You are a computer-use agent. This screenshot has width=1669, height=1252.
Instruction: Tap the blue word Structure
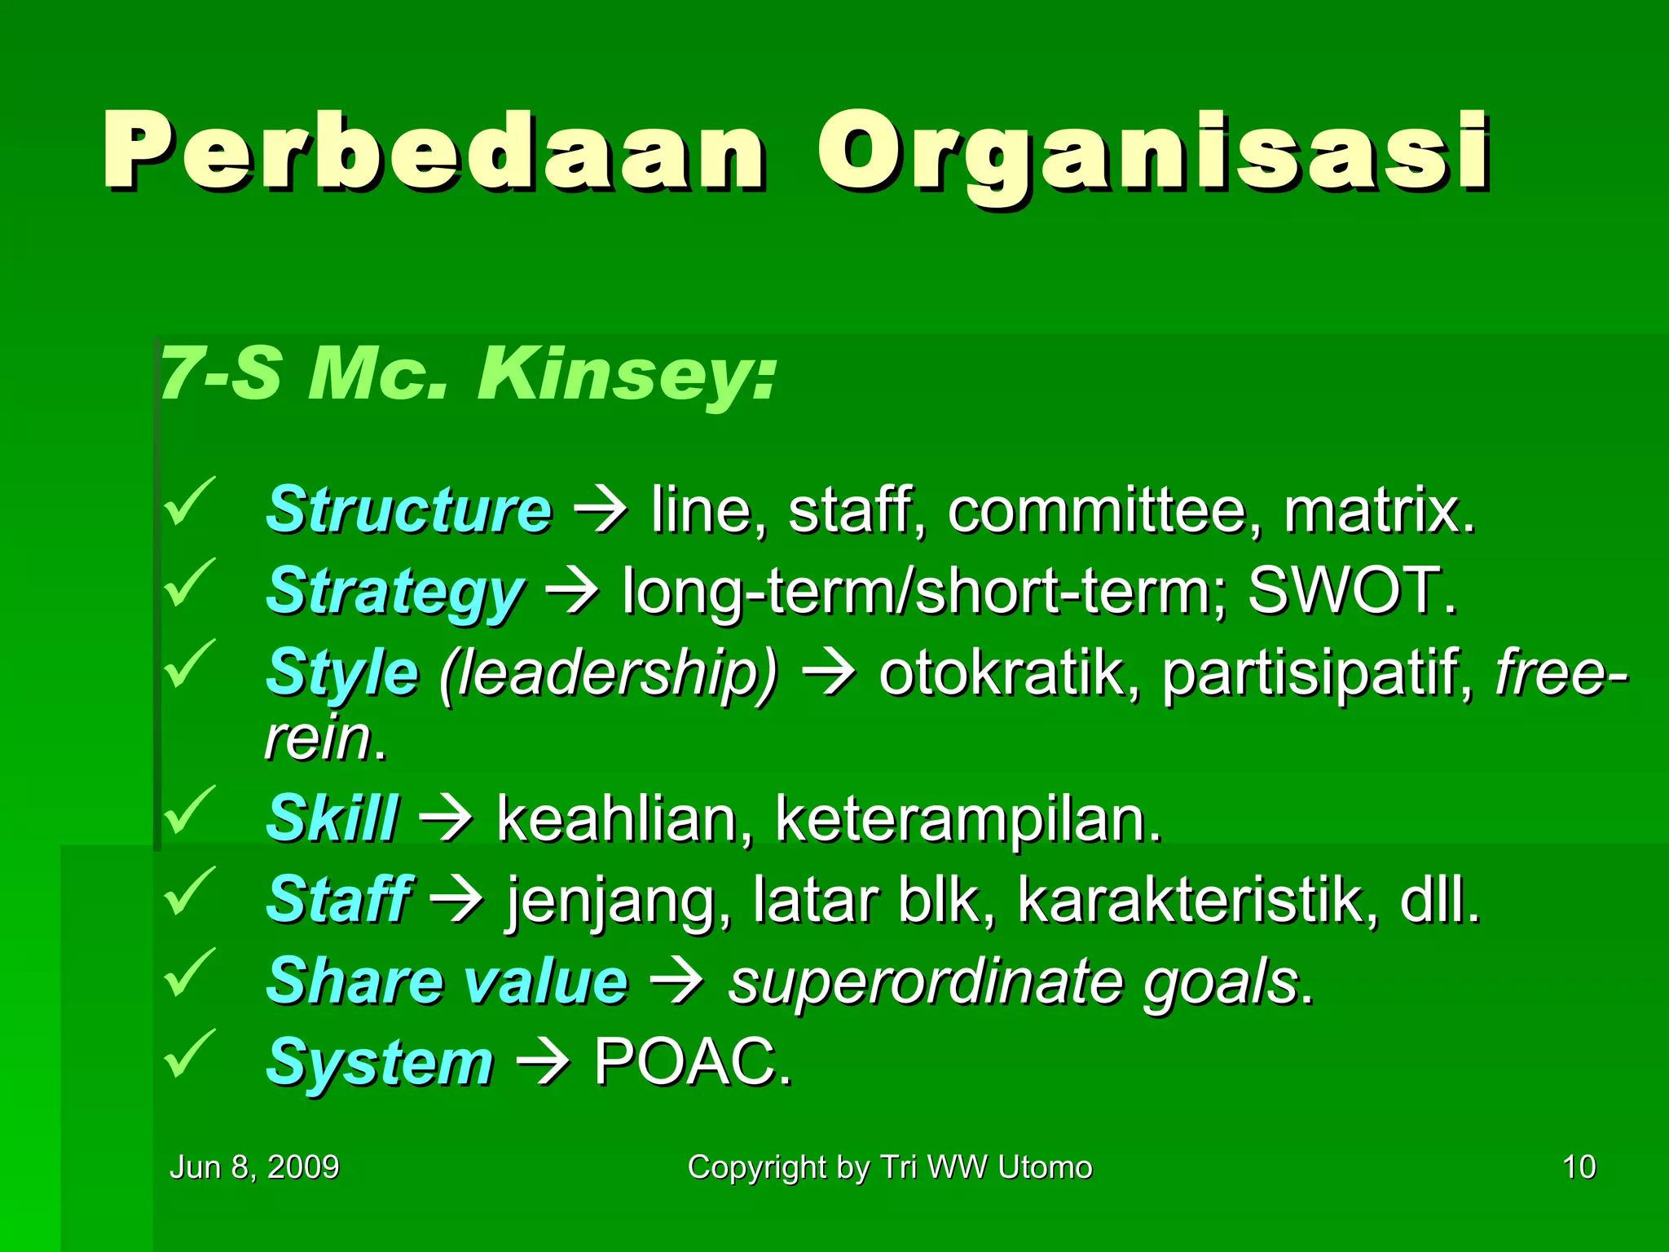(409, 510)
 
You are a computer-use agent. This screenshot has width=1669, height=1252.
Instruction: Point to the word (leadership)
(608, 674)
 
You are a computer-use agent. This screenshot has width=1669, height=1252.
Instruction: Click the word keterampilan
(967, 819)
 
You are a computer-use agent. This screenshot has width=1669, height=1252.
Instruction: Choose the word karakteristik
(1196, 900)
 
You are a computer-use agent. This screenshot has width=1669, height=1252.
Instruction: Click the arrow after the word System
(542, 1064)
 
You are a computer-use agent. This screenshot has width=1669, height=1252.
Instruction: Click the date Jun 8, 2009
(253, 1167)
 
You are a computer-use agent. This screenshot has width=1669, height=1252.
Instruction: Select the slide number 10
(1579, 1167)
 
